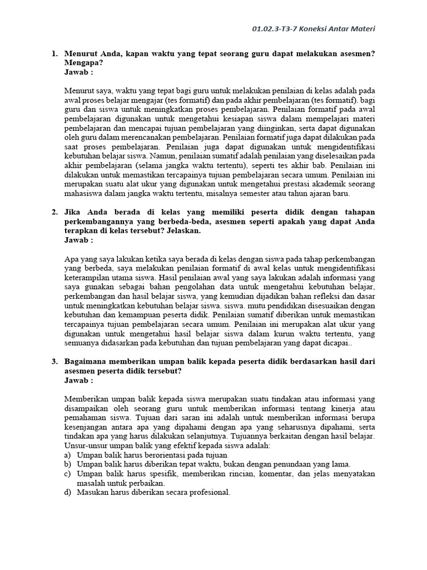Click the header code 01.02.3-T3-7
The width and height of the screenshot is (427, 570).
(x=277, y=29)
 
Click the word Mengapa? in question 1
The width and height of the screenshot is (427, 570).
(x=82, y=63)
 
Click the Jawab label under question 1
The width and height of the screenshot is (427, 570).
(x=78, y=72)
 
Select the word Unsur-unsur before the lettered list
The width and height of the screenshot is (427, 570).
(x=88, y=445)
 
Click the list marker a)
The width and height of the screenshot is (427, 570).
(x=67, y=455)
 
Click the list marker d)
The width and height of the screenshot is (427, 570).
(x=67, y=493)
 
